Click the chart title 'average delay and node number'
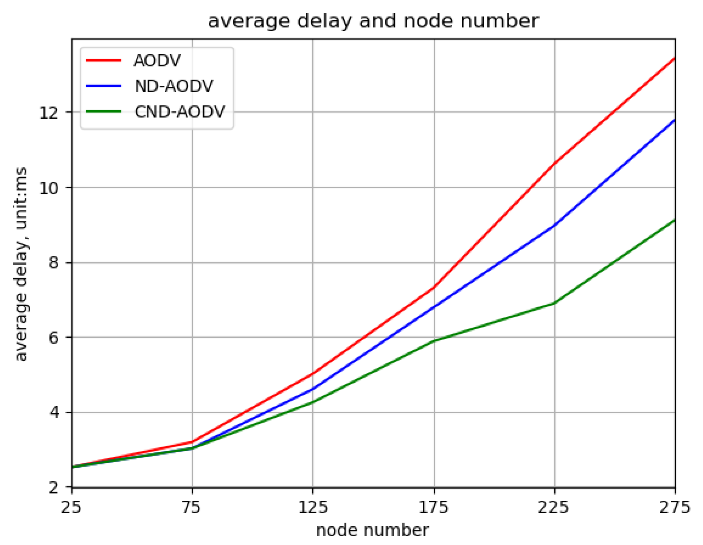click(x=373, y=21)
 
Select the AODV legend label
click(x=157, y=60)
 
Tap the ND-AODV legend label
click(x=174, y=86)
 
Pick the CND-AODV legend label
click(x=179, y=112)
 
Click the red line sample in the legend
click(x=104, y=60)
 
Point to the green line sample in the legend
click(x=104, y=112)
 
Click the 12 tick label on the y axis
click(x=49, y=112)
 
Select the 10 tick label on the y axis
click(x=49, y=188)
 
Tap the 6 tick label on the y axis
click(x=53, y=337)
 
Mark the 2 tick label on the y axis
click(x=53, y=487)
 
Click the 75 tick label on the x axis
click(x=192, y=507)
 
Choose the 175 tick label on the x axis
click(x=434, y=507)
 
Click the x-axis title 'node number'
click(x=372, y=530)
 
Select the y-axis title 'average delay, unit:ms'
click(x=21, y=264)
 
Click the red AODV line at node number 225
click(x=555, y=164)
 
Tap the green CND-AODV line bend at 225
click(x=555, y=303)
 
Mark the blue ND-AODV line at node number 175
click(x=434, y=307)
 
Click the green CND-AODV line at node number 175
click(x=434, y=341)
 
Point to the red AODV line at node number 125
click(x=313, y=374)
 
